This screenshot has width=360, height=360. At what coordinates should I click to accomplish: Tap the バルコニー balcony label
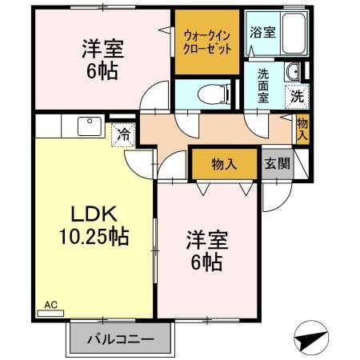tap(120, 340)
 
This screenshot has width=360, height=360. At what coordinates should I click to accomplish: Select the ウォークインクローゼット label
tap(207, 41)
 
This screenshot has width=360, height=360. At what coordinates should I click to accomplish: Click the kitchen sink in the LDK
tap(85, 126)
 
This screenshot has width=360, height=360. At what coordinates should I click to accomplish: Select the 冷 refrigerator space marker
tap(124, 135)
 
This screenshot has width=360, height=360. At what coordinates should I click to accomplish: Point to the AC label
tap(50, 305)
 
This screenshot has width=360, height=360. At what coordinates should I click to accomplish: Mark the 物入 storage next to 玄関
tap(224, 164)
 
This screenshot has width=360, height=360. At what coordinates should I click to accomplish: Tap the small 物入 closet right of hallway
tap(302, 128)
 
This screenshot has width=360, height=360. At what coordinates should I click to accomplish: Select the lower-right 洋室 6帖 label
tap(206, 249)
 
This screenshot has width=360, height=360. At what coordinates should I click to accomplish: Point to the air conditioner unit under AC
tap(50, 314)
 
